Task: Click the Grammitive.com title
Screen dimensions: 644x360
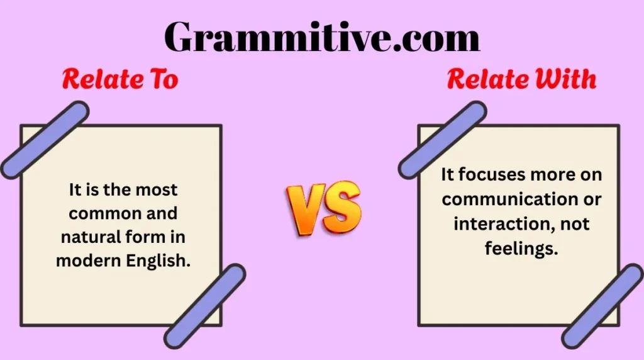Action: [x=322, y=37]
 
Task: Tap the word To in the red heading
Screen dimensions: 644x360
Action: [x=164, y=79]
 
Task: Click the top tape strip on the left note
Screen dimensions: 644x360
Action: [x=45, y=140]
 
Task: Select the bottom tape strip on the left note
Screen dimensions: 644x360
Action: [x=204, y=306]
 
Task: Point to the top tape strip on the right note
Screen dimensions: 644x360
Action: [x=442, y=140]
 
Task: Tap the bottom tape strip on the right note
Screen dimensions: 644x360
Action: [x=602, y=306]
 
